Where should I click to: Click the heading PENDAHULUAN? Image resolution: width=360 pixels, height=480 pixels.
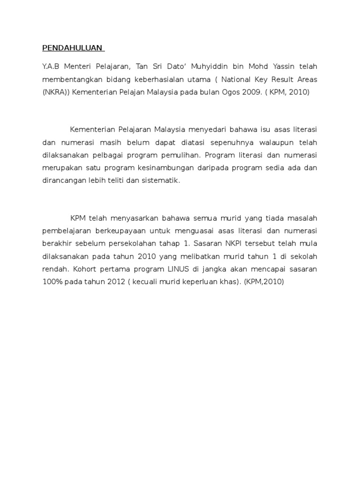[73, 48]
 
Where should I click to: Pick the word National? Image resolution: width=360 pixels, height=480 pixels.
[235, 80]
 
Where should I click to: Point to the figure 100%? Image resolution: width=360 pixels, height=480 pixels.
[53, 282]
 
